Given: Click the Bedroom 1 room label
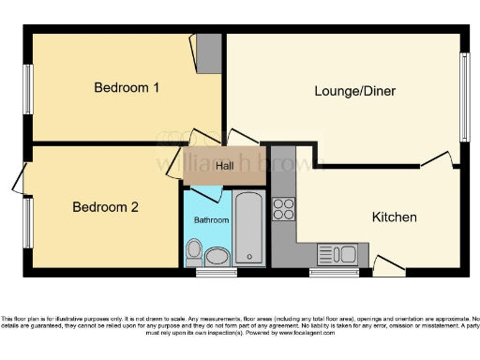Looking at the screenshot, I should (127, 88).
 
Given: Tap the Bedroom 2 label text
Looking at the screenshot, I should (106, 207).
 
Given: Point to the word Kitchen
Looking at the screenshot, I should (394, 217).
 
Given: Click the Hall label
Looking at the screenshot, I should (224, 166).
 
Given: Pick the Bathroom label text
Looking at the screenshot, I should (211, 220).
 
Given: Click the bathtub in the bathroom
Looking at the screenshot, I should (249, 229).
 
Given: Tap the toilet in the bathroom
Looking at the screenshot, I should (194, 249).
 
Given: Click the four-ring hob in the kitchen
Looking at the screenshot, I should (283, 208).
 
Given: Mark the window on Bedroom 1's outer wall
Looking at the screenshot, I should (28, 90).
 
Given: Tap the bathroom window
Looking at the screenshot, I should (216, 274).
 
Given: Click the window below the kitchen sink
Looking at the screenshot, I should (335, 273).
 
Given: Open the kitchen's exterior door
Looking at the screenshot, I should (389, 265).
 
